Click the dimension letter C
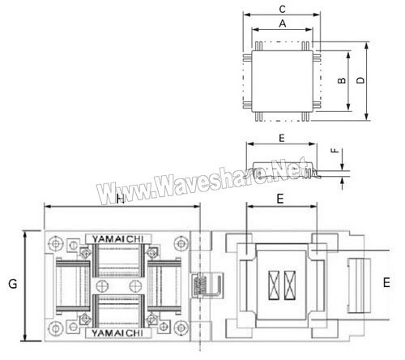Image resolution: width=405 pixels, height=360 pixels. click(x=282, y=9)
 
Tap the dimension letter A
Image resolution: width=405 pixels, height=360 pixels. click(x=283, y=24)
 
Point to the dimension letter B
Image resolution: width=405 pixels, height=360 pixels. click(x=342, y=80)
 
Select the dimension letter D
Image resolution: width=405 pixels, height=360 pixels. click(x=360, y=80)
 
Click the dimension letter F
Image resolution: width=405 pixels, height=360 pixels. click(x=335, y=150)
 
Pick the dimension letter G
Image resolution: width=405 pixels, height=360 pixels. click(x=13, y=284)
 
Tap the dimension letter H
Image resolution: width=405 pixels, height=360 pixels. click(x=120, y=199)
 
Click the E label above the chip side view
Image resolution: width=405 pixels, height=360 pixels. click(x=282, y=138)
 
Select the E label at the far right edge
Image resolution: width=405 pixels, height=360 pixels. click(x=386, y=283)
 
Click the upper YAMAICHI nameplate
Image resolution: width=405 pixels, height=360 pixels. click(x=117, y=239)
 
